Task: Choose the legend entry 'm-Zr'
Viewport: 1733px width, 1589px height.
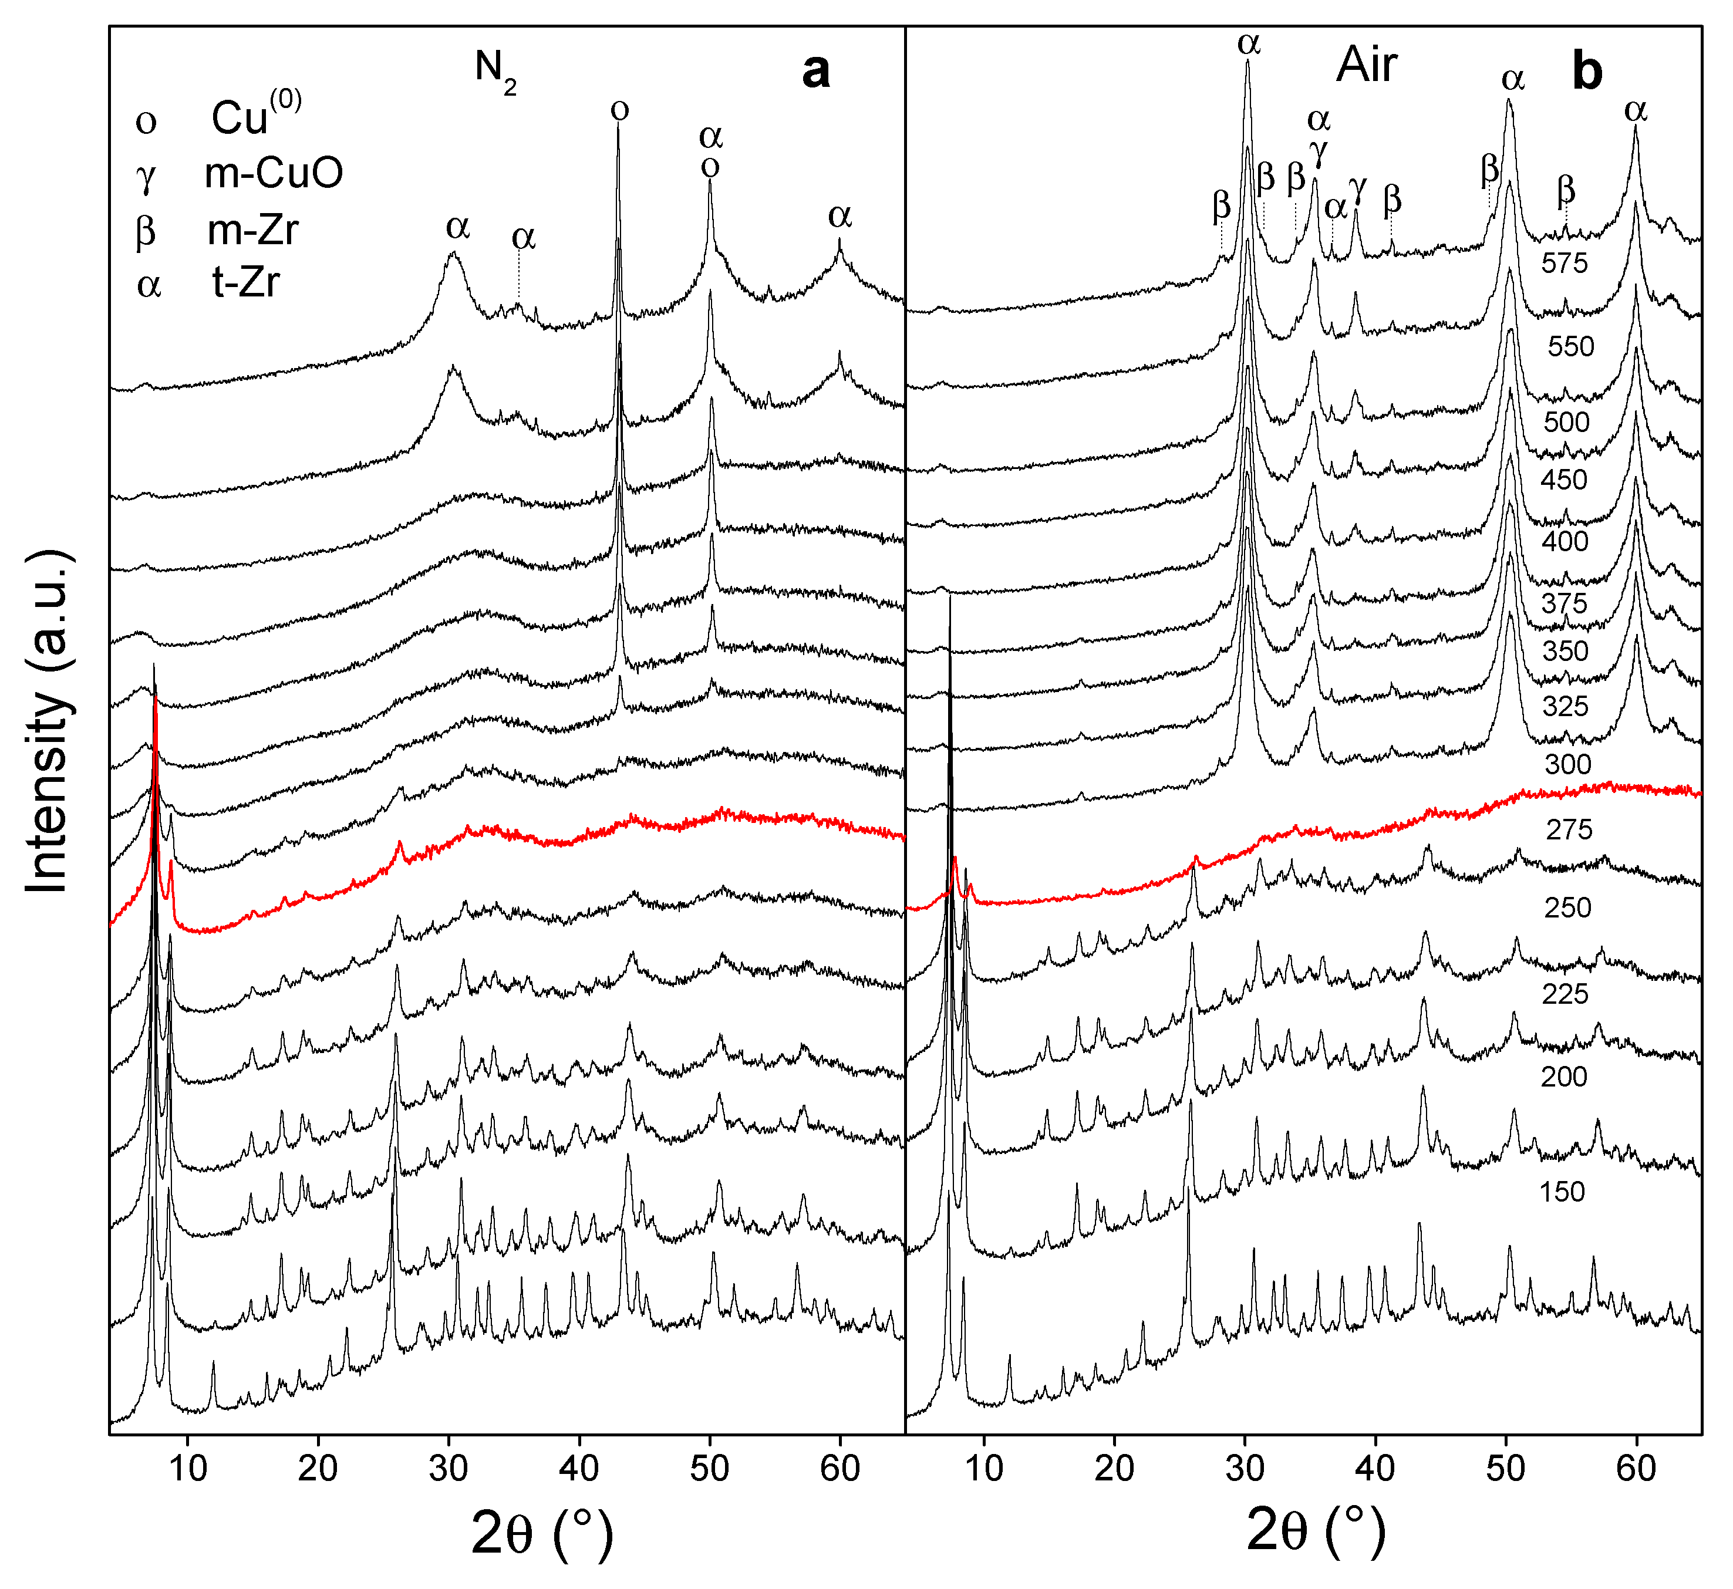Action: [x=253, y=231]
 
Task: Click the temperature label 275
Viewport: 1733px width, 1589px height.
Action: [x=1569, y=830]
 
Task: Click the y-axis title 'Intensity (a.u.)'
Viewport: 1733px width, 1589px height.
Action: [x=48, y=722]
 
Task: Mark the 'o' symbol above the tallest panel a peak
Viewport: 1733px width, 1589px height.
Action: [x=619, y=110]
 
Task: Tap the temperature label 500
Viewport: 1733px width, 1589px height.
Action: [x=1567, y=422]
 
